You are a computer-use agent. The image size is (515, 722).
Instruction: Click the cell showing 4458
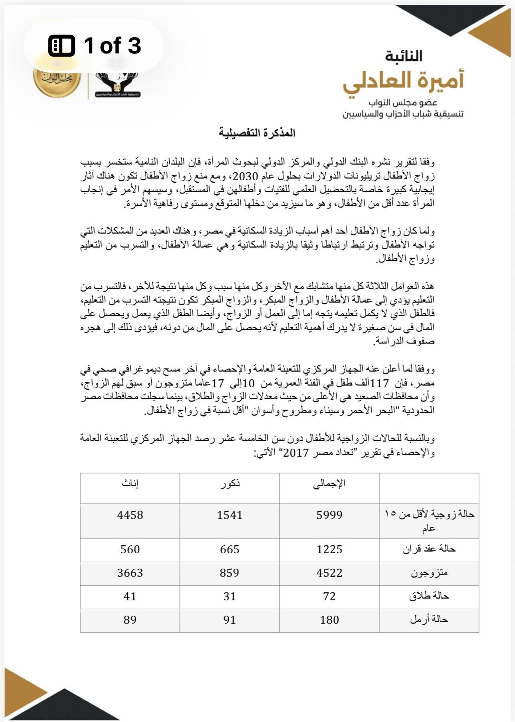(130, 515)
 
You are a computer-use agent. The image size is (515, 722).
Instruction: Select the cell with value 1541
(230, 515)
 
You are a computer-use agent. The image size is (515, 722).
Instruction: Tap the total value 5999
(329, 515)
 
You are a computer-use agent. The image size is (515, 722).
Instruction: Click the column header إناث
(130, 483)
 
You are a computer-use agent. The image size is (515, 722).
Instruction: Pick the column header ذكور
(230, 483)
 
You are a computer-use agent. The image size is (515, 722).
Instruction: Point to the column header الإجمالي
(329, 483)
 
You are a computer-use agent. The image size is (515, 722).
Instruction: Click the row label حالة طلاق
(429, 596)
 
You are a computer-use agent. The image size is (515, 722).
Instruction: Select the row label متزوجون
(429, 573)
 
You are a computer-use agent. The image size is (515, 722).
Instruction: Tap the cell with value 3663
(130, 573)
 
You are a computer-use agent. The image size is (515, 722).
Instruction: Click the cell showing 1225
(329, 549)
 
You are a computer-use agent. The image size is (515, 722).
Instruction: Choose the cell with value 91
(230, 620)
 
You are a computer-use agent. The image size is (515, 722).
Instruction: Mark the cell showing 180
(329, 620)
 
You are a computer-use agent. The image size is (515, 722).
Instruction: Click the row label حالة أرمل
(429, 619)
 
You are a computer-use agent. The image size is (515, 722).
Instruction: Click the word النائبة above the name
(404, 56)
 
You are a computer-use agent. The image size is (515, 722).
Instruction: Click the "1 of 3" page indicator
(95, 45)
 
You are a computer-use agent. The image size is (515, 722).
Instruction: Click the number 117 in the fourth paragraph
(379, 384)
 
